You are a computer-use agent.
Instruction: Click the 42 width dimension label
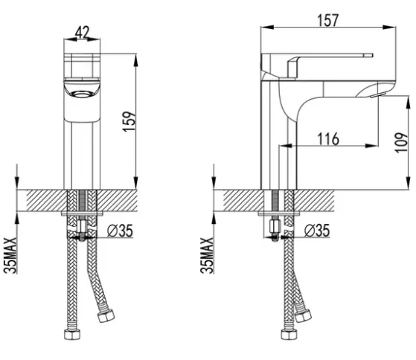(83, 32)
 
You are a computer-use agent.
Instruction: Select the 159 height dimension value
(129, 121)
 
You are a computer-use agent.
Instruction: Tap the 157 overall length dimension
(328, 20)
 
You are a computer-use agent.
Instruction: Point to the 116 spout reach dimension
(328, 138)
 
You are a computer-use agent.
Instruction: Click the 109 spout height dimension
(401, 142)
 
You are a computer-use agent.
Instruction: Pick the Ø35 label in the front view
(120, 231)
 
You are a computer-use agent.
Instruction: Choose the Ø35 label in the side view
(317, 231)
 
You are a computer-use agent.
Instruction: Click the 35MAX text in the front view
(10, 255)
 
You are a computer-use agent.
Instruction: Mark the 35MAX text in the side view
(207, 255)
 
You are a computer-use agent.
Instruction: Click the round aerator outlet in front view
(82, 94)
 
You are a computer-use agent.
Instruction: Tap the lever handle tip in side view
(368, 55)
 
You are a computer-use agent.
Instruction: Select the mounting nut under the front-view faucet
(83, 226)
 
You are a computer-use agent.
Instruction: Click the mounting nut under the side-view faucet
(275, 226)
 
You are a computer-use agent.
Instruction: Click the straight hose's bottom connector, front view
(73, 334)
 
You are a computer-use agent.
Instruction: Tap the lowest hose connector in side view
(289, 334)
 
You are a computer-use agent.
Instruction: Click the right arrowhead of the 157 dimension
(389, 27)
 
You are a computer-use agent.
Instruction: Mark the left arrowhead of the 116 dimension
(286, 146)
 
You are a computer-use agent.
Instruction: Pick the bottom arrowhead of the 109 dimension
(408, 183)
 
